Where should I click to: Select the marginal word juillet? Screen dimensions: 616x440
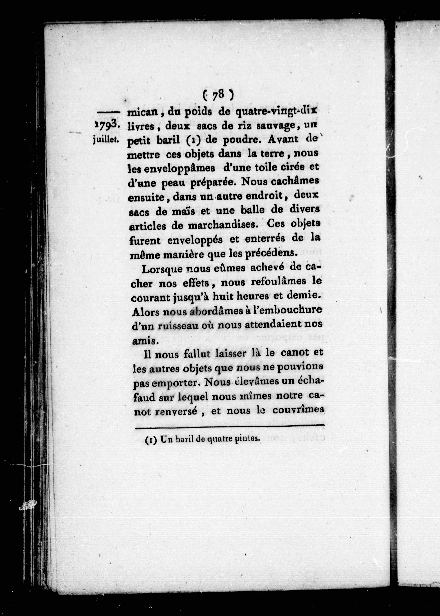(x=105, y=140)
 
